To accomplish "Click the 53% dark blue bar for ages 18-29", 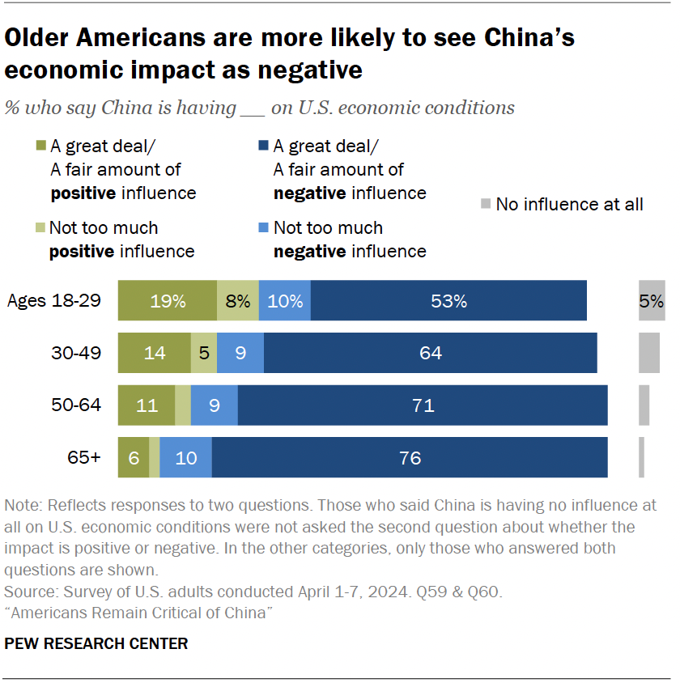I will point(448,301).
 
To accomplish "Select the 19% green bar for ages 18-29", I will point(168,301).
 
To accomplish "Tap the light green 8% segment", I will point(238,301).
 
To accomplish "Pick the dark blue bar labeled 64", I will point(430,353).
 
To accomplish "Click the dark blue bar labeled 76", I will point(410,457).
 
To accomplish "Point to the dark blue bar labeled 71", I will point(423,405).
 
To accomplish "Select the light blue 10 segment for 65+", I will point(185,457).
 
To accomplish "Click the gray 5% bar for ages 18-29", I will point(651,301).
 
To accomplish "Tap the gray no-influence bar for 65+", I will point(641,457).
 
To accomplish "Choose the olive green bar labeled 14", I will point(154,353).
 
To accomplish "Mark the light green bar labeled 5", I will point(203,353).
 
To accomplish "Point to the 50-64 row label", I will point(78,405).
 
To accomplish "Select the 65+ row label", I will point(84,457).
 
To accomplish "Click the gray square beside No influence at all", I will point(485,204).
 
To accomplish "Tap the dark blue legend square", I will point(263,146).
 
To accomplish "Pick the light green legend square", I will point(40,228).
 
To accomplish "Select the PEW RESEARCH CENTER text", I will point(96,644).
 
